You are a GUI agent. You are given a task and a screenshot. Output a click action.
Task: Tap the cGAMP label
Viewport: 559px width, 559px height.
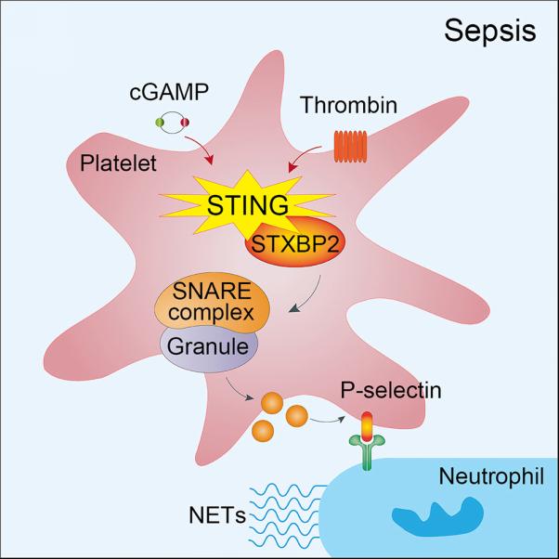coord(169,92)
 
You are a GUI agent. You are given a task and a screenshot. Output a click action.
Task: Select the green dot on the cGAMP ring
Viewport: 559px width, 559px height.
coord(160,123)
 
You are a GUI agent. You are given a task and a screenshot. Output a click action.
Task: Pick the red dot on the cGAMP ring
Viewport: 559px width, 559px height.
coord(185,123)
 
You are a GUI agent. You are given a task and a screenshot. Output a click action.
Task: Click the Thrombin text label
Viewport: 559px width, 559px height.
coord(348,105)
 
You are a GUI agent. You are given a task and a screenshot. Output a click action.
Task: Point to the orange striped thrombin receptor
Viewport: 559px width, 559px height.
coord(350,146)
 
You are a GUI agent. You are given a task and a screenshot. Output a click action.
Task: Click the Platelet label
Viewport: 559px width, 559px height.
coord(118,162)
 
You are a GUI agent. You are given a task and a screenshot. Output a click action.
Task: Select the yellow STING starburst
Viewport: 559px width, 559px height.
coord(247,205)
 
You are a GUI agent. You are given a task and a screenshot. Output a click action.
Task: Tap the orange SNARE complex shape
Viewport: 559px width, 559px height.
coord(212,302)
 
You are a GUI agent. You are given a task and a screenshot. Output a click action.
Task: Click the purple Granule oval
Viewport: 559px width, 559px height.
coord(209,349)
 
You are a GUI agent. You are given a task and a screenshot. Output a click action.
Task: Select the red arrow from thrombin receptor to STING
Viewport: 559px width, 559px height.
coord(303,155)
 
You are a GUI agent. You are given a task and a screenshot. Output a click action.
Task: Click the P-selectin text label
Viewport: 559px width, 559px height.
coord(391,390)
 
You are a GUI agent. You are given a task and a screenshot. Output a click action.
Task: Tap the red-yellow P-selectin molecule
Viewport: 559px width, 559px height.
coord(367,426)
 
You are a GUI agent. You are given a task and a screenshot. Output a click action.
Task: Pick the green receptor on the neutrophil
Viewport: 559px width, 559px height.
coord(367,451)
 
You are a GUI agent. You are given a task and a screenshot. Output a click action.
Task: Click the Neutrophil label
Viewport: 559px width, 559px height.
coord(491,476)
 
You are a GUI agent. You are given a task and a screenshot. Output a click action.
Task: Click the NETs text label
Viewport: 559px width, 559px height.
coord(217,515)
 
